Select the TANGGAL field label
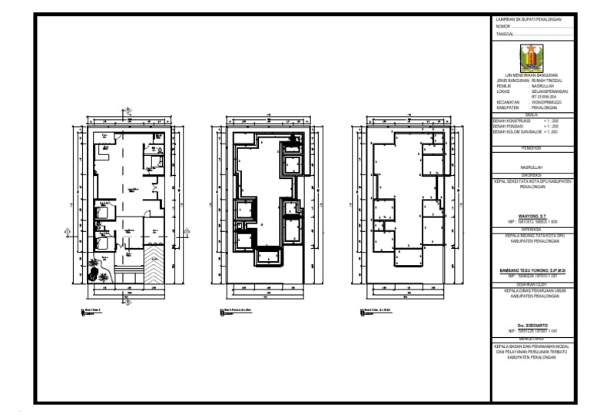click(x=505, y=35)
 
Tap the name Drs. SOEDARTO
click(x=532, y=325)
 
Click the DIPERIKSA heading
click(x=532, y=227)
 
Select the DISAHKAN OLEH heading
click(x=532, y=282)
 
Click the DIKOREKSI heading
click(x=532, y=174)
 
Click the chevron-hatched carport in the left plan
click(x=154, y=265)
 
